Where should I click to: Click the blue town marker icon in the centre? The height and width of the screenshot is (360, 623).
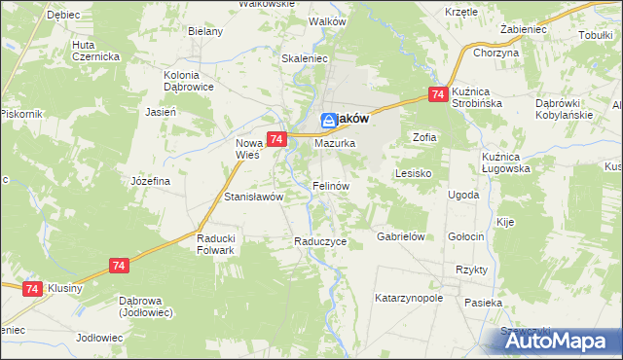pos(329,120)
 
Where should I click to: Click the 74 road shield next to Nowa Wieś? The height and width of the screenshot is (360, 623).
pos(276,140)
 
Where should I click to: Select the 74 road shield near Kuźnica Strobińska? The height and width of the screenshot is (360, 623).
pos(437,94)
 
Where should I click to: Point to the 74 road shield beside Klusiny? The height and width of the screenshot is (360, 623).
pos(32,289)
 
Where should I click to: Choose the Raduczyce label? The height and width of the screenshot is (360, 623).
pos(320,241)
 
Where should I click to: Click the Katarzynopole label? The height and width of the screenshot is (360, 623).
pos(409,298)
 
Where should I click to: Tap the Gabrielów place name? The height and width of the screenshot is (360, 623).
pos(403,236)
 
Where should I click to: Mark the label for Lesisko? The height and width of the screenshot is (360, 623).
pos(413,173)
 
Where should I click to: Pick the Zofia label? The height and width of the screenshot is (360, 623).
pos(424,137)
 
